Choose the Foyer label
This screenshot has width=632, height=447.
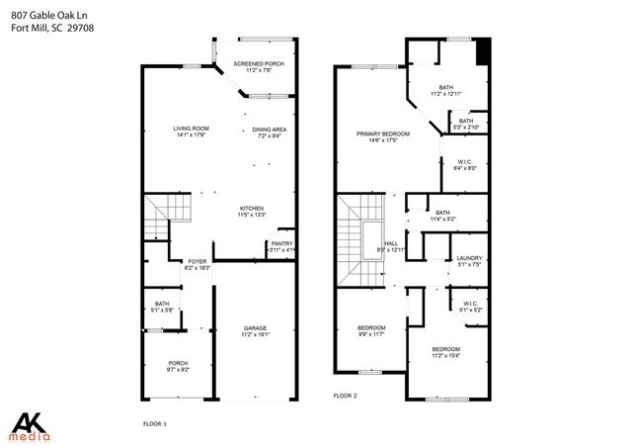(x=198, y=264)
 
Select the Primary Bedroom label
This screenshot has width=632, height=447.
(x=382, y=136)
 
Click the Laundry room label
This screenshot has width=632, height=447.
(x=469, y=260)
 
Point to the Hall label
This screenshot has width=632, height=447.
(x=391, y=245)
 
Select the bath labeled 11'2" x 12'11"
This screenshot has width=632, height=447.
(x=446, y=90)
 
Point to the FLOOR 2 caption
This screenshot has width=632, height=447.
(x=346, y=395)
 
